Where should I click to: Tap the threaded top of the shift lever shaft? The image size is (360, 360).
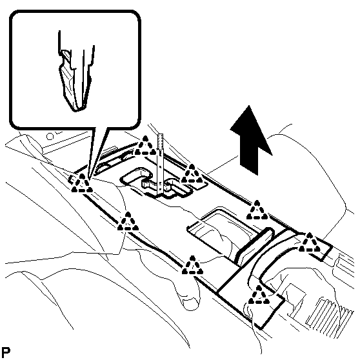(161, 141)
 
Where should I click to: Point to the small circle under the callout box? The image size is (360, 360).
(50, 137)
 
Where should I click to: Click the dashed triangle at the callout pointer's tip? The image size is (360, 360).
(82, 183)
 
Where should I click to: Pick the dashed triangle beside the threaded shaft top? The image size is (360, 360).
(145, 146)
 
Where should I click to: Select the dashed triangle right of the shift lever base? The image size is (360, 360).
(192, 174)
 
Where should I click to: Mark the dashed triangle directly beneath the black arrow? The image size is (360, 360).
(257, 210)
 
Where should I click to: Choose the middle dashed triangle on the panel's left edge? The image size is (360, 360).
(128, 221)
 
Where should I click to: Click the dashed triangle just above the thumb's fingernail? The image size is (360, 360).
(192, 265)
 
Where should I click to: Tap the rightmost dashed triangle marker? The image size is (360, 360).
(310, 243)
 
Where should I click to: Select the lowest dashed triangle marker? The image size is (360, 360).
(259, 295)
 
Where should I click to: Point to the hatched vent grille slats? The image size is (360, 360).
(330, 315)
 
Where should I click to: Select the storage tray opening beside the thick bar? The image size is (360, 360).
(221, 232)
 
